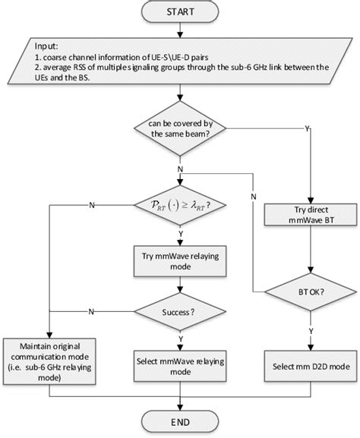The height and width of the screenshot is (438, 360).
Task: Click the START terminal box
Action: click(180, 13)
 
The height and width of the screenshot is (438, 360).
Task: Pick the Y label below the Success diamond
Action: click(181, 339)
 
